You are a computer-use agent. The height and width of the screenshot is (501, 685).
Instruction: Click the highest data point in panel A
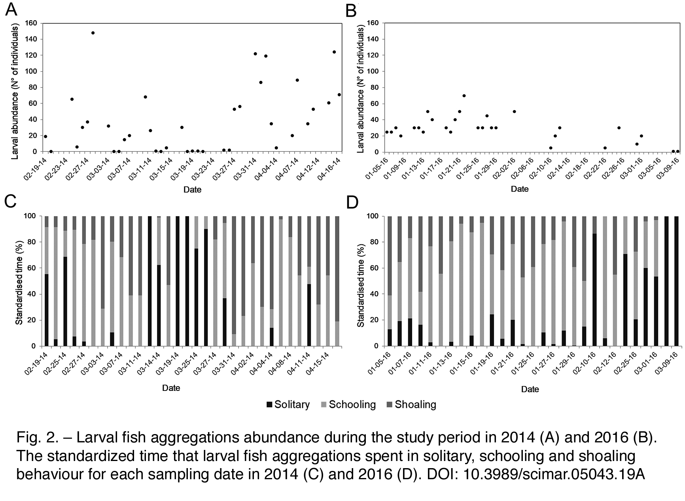point(93,33)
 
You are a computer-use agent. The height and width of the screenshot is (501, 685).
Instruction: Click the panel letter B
point(351,11)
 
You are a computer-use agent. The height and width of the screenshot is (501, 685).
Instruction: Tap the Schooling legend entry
point(348,404)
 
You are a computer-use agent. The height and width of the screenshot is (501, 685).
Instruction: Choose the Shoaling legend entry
point(411,404)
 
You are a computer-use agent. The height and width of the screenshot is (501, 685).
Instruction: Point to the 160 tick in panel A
point(31,23)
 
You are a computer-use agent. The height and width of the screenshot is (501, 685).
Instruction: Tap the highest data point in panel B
point(464,95)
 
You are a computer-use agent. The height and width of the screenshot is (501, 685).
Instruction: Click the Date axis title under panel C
point(171,388)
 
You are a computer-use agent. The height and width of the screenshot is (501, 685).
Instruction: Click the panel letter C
point(10,202)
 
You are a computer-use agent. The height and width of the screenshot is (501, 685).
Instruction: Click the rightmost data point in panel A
point(339,95)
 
